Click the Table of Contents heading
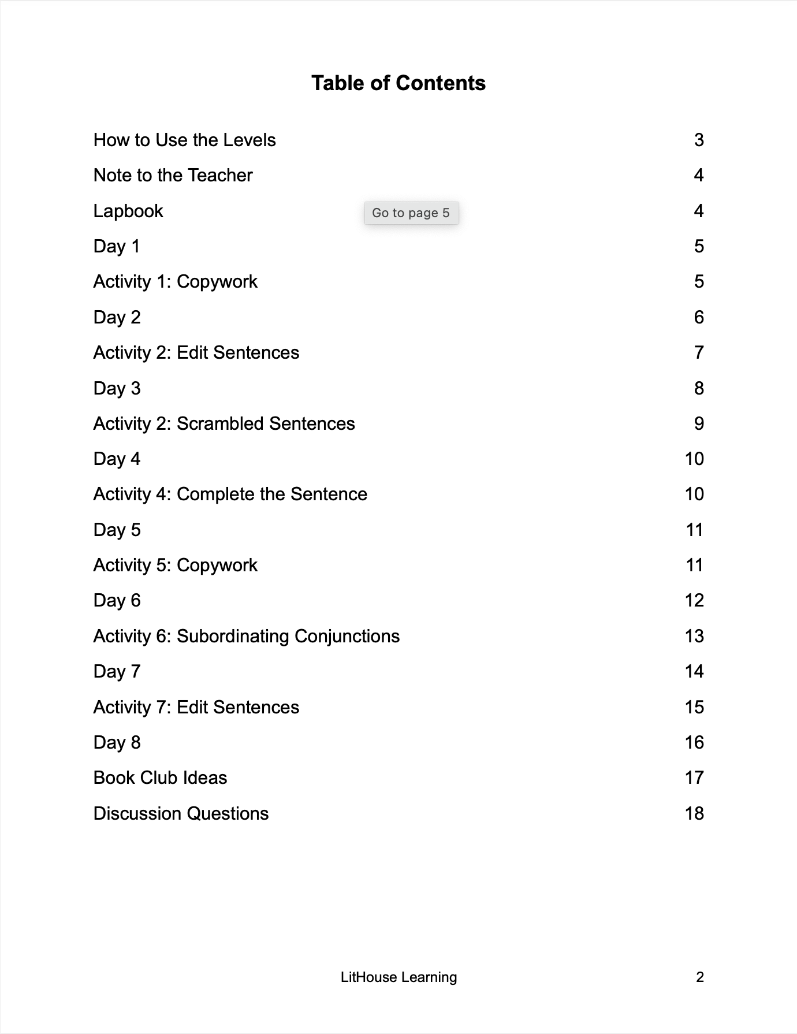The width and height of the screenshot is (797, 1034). click(x=398, y=83)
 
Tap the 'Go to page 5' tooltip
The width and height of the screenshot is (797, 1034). click(x=411, y=213)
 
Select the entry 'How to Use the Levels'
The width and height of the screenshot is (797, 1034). click(x=184, y=140)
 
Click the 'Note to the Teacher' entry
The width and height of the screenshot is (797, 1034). click(x=173, y=175)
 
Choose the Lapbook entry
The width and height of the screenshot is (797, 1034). click(x=128, y=211)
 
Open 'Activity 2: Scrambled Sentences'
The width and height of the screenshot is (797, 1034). click(x=224, y=423)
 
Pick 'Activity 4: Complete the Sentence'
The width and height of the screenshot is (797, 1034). click(x=230, y=494)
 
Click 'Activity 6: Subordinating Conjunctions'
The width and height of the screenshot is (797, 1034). click(x=246, y=636)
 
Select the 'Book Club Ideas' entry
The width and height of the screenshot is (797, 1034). click(x=160, y=778)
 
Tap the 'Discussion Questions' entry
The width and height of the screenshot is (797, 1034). click(x=181, y=813)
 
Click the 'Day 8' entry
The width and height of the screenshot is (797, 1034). click(x=117, y=742)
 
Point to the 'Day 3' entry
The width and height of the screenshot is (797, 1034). click(x=117, y=388)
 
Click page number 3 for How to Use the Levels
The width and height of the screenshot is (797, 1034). click(x=699, y=140)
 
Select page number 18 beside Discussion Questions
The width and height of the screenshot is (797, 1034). click(x=694, y=813)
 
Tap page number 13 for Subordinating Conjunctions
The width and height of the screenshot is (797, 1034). click(x=694, y=636)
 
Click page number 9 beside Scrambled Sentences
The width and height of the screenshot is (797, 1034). click(x=699, y=423)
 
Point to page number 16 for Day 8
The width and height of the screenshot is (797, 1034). click(x=694, y=742)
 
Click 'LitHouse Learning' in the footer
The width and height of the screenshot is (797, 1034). click(x=398, y=977)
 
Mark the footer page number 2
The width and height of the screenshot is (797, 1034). click(x=700, y=977)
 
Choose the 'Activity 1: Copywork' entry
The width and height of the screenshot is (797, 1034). click(x=175, y=281)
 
